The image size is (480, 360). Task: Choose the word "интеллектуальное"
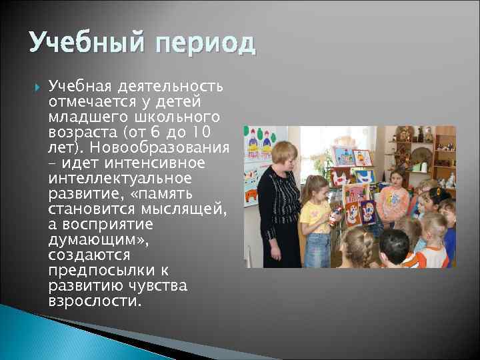pos(120,178)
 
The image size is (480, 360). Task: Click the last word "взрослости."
pos(95,301)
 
